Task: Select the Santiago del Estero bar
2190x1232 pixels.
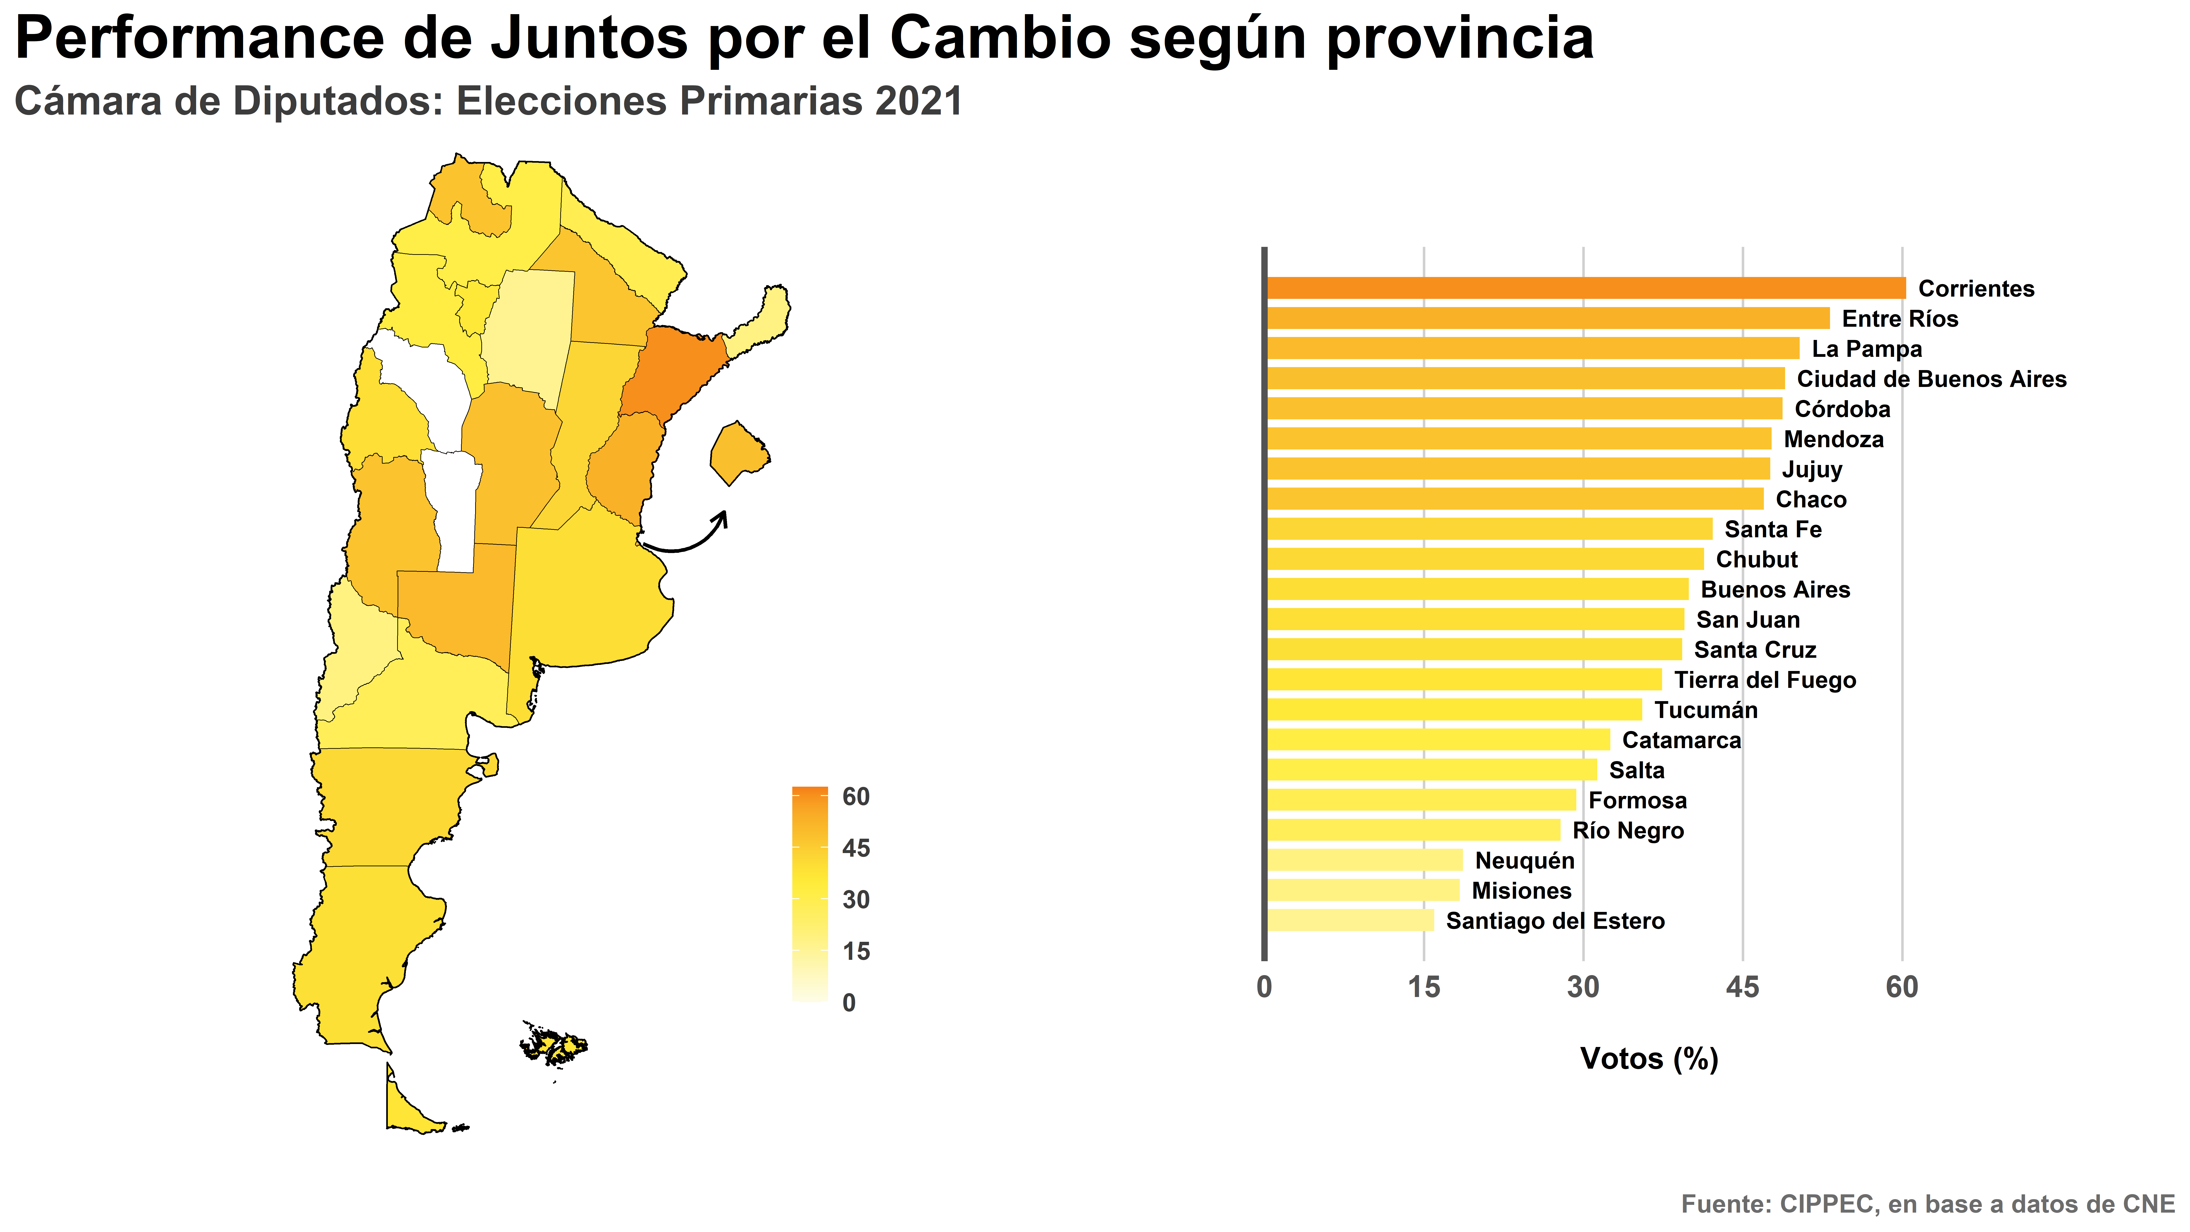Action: pyautogui.click(x=1350, y=921)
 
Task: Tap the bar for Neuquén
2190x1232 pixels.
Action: pyautogui.click(x=1364, y=860)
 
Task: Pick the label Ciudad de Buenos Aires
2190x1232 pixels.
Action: pyautogui.click(x=1932, y=379)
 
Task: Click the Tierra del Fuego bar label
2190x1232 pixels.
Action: pyautogui.click(x=1765, y=680)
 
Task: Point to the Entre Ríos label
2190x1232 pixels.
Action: pyautogui.click(x=1900, y=319)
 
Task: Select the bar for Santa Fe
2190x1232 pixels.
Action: pyautogui.click(x=1489, y=529)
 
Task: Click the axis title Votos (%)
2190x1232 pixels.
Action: pyautogui.click(x=1649, y=1059)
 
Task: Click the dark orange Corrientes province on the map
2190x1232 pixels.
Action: pyautogui.click(x=672, y=374)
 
